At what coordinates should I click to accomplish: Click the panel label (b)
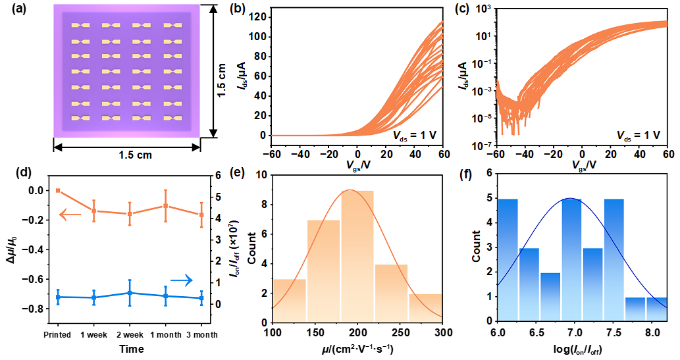tap(236, 9)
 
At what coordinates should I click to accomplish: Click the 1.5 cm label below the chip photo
tap(135, 155)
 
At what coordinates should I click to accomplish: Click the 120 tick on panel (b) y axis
tap(258, 16)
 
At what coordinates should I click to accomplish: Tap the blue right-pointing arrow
tap(182, 280)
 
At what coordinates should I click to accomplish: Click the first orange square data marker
tap(58, 191)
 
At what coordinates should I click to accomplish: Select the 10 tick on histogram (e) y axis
tap(262, 175)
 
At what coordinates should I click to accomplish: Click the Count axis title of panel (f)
tap(477, 247)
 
